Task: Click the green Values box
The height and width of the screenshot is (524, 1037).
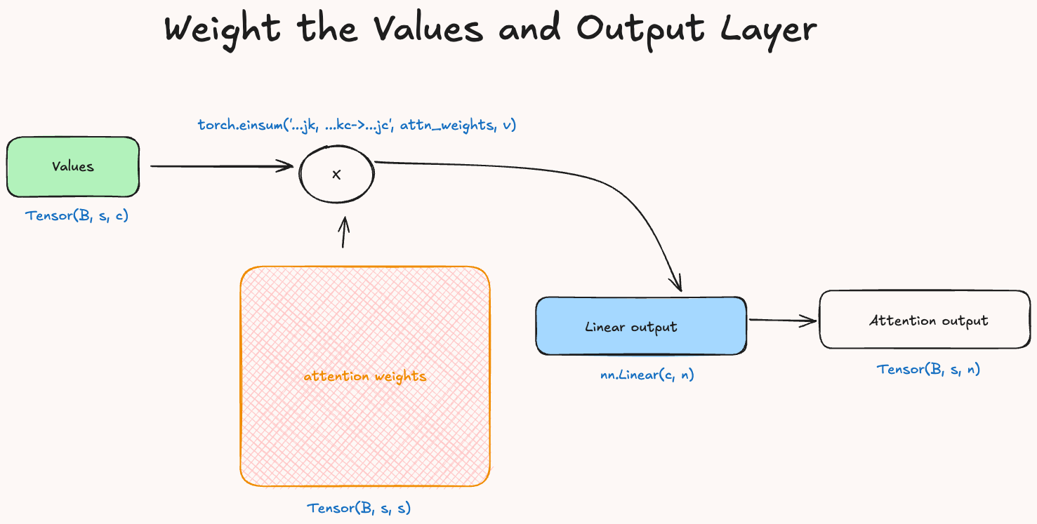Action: coord(73,167)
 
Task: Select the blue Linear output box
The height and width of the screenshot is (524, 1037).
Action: coord(640,326)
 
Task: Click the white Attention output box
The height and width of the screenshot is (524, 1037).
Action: coord(925,321)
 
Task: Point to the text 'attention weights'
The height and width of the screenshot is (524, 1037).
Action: coord(364,377)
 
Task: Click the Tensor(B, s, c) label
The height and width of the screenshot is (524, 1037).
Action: coord(77,216)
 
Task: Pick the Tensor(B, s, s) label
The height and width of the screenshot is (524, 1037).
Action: coord(359,508)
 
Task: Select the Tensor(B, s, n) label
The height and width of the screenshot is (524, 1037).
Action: coord(928,369)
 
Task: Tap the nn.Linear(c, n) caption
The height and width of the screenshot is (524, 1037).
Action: coord(647,375)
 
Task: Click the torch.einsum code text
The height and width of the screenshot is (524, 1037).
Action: coord(357,126)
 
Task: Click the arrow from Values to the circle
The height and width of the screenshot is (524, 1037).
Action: coord(221,166)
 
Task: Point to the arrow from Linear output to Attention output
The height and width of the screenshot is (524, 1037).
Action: coord(781,321)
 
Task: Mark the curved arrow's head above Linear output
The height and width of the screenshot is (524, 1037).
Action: coord(677,283)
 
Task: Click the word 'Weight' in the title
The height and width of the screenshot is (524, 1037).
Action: coord(222,30)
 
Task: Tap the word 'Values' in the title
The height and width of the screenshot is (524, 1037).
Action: coord(428,29)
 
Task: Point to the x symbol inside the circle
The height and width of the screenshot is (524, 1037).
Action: coord(336,175)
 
